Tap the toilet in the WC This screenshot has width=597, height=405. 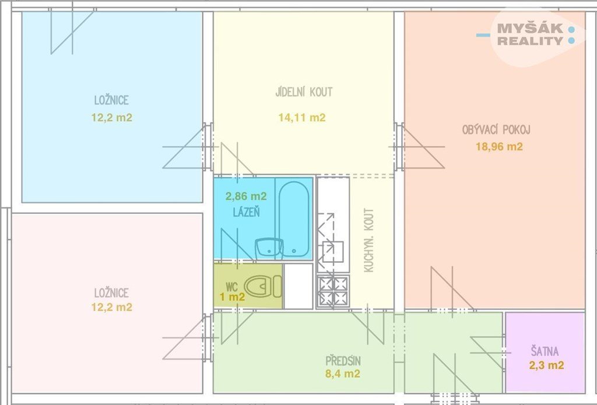(263, 286)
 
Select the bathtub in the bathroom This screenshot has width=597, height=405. (294, 219)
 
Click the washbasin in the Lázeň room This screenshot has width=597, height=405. (269, 248)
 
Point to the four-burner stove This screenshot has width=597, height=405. (333, 291)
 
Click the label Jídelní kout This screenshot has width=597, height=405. (304, 91)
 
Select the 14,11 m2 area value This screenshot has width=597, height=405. (302, 118)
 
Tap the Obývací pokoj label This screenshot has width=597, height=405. (496, 130)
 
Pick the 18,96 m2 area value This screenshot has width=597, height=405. (499, 146)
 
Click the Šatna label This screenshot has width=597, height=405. (545, 351)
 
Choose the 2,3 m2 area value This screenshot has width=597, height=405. (546, 365)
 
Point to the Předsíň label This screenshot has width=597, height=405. (343, 361)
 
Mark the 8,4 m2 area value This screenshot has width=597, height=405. (343, 374)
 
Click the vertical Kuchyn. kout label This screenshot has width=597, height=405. (368, 240)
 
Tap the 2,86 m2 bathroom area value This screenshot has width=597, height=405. (246, 196)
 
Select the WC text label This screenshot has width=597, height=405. (231, 286)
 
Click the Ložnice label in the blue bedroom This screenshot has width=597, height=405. (111, 100)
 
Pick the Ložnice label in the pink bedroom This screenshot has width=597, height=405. (111, 293)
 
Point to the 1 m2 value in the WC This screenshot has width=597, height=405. (232, 297)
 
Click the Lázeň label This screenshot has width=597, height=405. (247, 212)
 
